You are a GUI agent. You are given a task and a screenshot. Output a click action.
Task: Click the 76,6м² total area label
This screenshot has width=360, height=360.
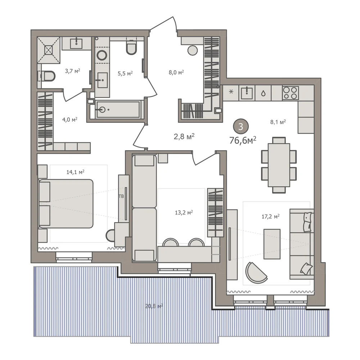(x=243, y=140)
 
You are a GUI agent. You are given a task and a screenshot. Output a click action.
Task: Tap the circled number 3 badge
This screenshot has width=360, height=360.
(x=241, y=126)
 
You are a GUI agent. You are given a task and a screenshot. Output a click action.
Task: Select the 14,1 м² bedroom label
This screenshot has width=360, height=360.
(x=75, y=172)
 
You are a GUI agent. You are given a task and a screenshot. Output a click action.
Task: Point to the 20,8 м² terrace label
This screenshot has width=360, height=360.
(x=154, y=306)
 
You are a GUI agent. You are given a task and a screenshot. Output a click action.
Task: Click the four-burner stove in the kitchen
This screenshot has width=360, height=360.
(x=291, y=93)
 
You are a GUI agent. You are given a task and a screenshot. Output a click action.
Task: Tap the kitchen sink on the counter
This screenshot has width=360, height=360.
(x=247, y=93)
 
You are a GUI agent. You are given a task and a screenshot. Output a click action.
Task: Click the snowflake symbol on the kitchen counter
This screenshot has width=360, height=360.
(x=231, y=92)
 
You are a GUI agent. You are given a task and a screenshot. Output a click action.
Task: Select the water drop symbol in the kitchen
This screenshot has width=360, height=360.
(x=264, y=93)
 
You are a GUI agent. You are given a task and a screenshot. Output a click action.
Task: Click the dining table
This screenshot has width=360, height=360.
(x=279, y=165)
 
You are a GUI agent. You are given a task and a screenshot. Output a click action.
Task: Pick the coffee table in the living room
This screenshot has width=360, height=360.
(x=272, y=244)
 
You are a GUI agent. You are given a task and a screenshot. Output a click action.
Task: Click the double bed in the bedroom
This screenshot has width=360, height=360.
(x=66, y=204)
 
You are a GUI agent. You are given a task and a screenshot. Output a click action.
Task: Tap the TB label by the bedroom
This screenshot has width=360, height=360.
(x=121, y=196)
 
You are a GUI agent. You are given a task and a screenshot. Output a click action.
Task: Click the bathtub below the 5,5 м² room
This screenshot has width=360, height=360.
(x=118, y=109)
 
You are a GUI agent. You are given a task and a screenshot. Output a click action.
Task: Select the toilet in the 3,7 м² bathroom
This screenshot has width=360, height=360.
(x=48, y=76)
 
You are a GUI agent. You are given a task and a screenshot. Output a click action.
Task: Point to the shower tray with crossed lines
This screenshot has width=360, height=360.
(x=49, y=50)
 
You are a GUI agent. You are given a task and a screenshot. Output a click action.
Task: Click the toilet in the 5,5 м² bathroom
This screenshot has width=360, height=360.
(x=131, y=48)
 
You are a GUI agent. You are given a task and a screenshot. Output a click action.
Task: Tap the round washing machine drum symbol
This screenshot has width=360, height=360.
(x=102, y=55)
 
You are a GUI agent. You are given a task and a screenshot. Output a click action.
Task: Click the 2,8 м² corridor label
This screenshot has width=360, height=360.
(x=184, y=137)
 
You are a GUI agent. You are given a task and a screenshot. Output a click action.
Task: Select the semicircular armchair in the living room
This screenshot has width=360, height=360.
(x=256, y=273)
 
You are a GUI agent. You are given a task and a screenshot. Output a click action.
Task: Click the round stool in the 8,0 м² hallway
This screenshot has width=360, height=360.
(x=192, y=50)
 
